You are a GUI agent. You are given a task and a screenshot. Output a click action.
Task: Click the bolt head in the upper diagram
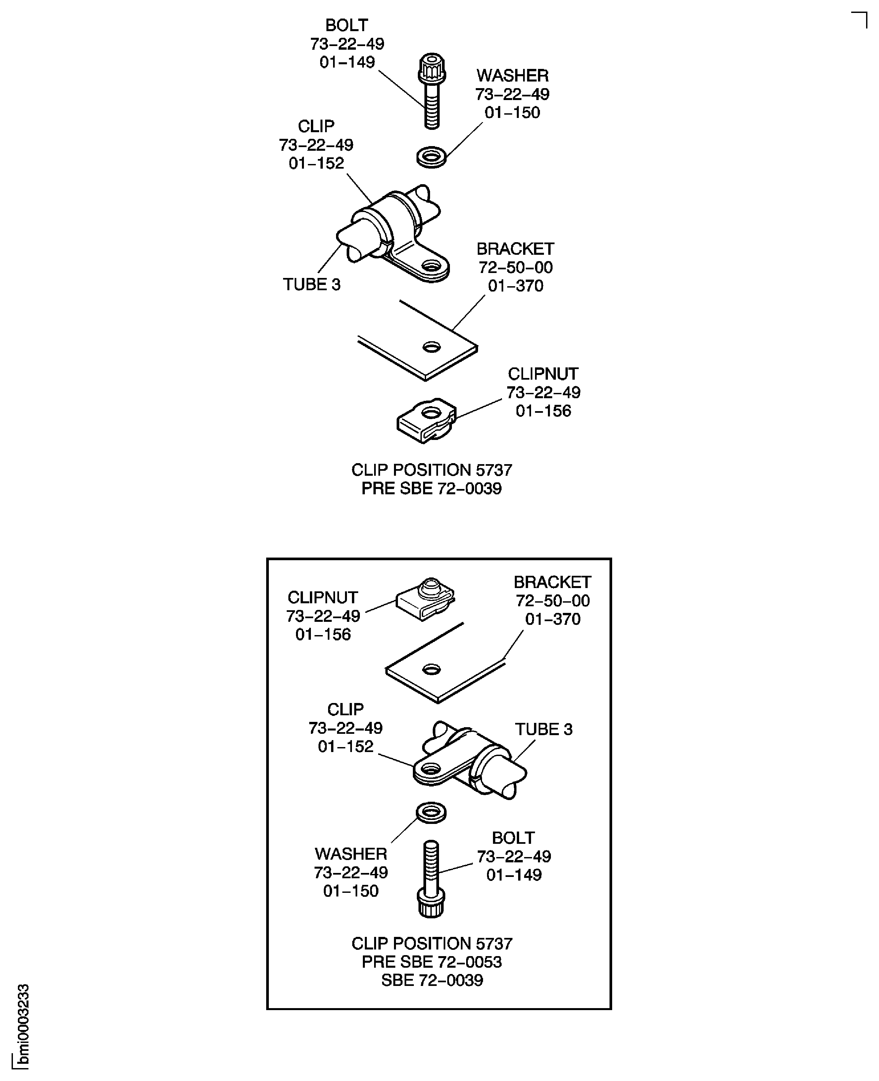coord(432,68)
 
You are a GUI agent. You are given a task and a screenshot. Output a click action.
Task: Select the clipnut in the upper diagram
coord(426,420)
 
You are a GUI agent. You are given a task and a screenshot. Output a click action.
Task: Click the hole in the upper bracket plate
coord(431,347)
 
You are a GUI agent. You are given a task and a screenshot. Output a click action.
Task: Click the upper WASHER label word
coord(513,76)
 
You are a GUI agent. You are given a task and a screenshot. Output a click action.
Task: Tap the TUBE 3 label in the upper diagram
coord(312,285)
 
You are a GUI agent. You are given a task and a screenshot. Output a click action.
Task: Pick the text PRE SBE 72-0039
coord(431,489)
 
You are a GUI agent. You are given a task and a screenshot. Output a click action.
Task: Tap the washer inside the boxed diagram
coord(431,812)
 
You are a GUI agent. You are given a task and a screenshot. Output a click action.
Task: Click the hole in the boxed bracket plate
coord(431,670)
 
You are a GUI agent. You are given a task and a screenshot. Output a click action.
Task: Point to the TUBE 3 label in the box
coord(544,730)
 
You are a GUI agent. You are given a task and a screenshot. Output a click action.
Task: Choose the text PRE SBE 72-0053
coord(431,962)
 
